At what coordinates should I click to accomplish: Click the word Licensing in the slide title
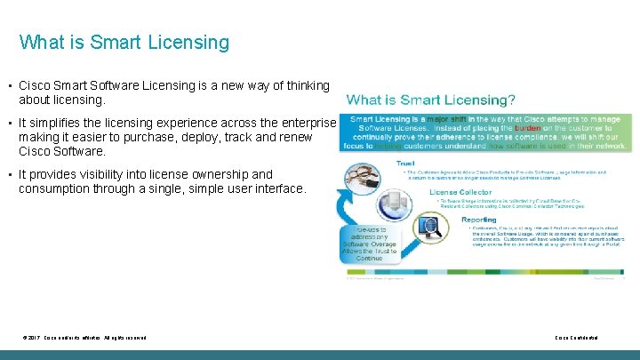click(x=188, y=42)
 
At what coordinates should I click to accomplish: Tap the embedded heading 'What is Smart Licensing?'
click(x=430, y=100)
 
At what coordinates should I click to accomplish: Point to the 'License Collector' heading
click(x=461, y=190)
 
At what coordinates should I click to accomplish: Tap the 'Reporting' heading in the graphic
click(x=479, y=219)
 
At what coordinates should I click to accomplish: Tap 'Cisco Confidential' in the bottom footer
click(x=576, y=339)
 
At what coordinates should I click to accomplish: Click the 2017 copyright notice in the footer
click(x=84, y=339)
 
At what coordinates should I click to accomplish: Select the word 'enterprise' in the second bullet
click(x=307, y=123)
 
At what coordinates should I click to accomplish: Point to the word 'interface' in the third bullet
click(x=276, y=188)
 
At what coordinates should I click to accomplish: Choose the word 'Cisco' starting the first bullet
click(x=36, y=85)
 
